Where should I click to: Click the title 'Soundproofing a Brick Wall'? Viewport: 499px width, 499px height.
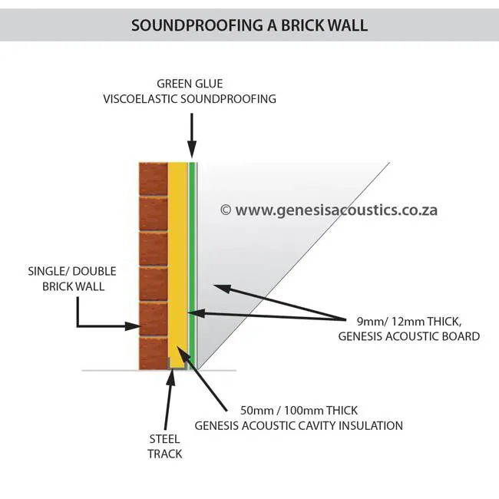pyautogui.click(x=249, y=25)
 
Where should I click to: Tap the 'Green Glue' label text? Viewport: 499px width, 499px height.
pyautogui.click(x=190, y=84)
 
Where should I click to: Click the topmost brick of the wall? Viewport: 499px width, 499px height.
pyautogui.click(x=153, y=179)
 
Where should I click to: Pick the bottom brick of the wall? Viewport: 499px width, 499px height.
pyautogui.click(x=153, y=353)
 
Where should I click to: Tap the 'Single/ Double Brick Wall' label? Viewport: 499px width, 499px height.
pyautogui.click(x=66, y=279)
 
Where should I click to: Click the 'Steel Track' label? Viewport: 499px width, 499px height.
pyautogui.click(x=165, y=446)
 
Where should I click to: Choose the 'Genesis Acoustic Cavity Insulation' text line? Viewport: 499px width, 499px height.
pyautogui.click(x=299, y=425)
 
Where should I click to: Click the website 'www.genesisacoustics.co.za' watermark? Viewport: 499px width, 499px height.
pyautogui.click(x=336, y=210)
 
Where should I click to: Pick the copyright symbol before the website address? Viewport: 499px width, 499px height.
pyautogui.click(x=225, y=210)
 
